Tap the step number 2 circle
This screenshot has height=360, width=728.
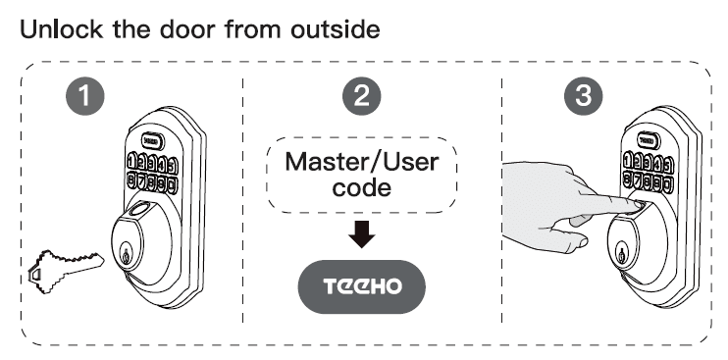(x=361, y=99)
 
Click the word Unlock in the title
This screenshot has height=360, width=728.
(x=62, y=28)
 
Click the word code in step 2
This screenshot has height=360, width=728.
(x=363, y=190)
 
